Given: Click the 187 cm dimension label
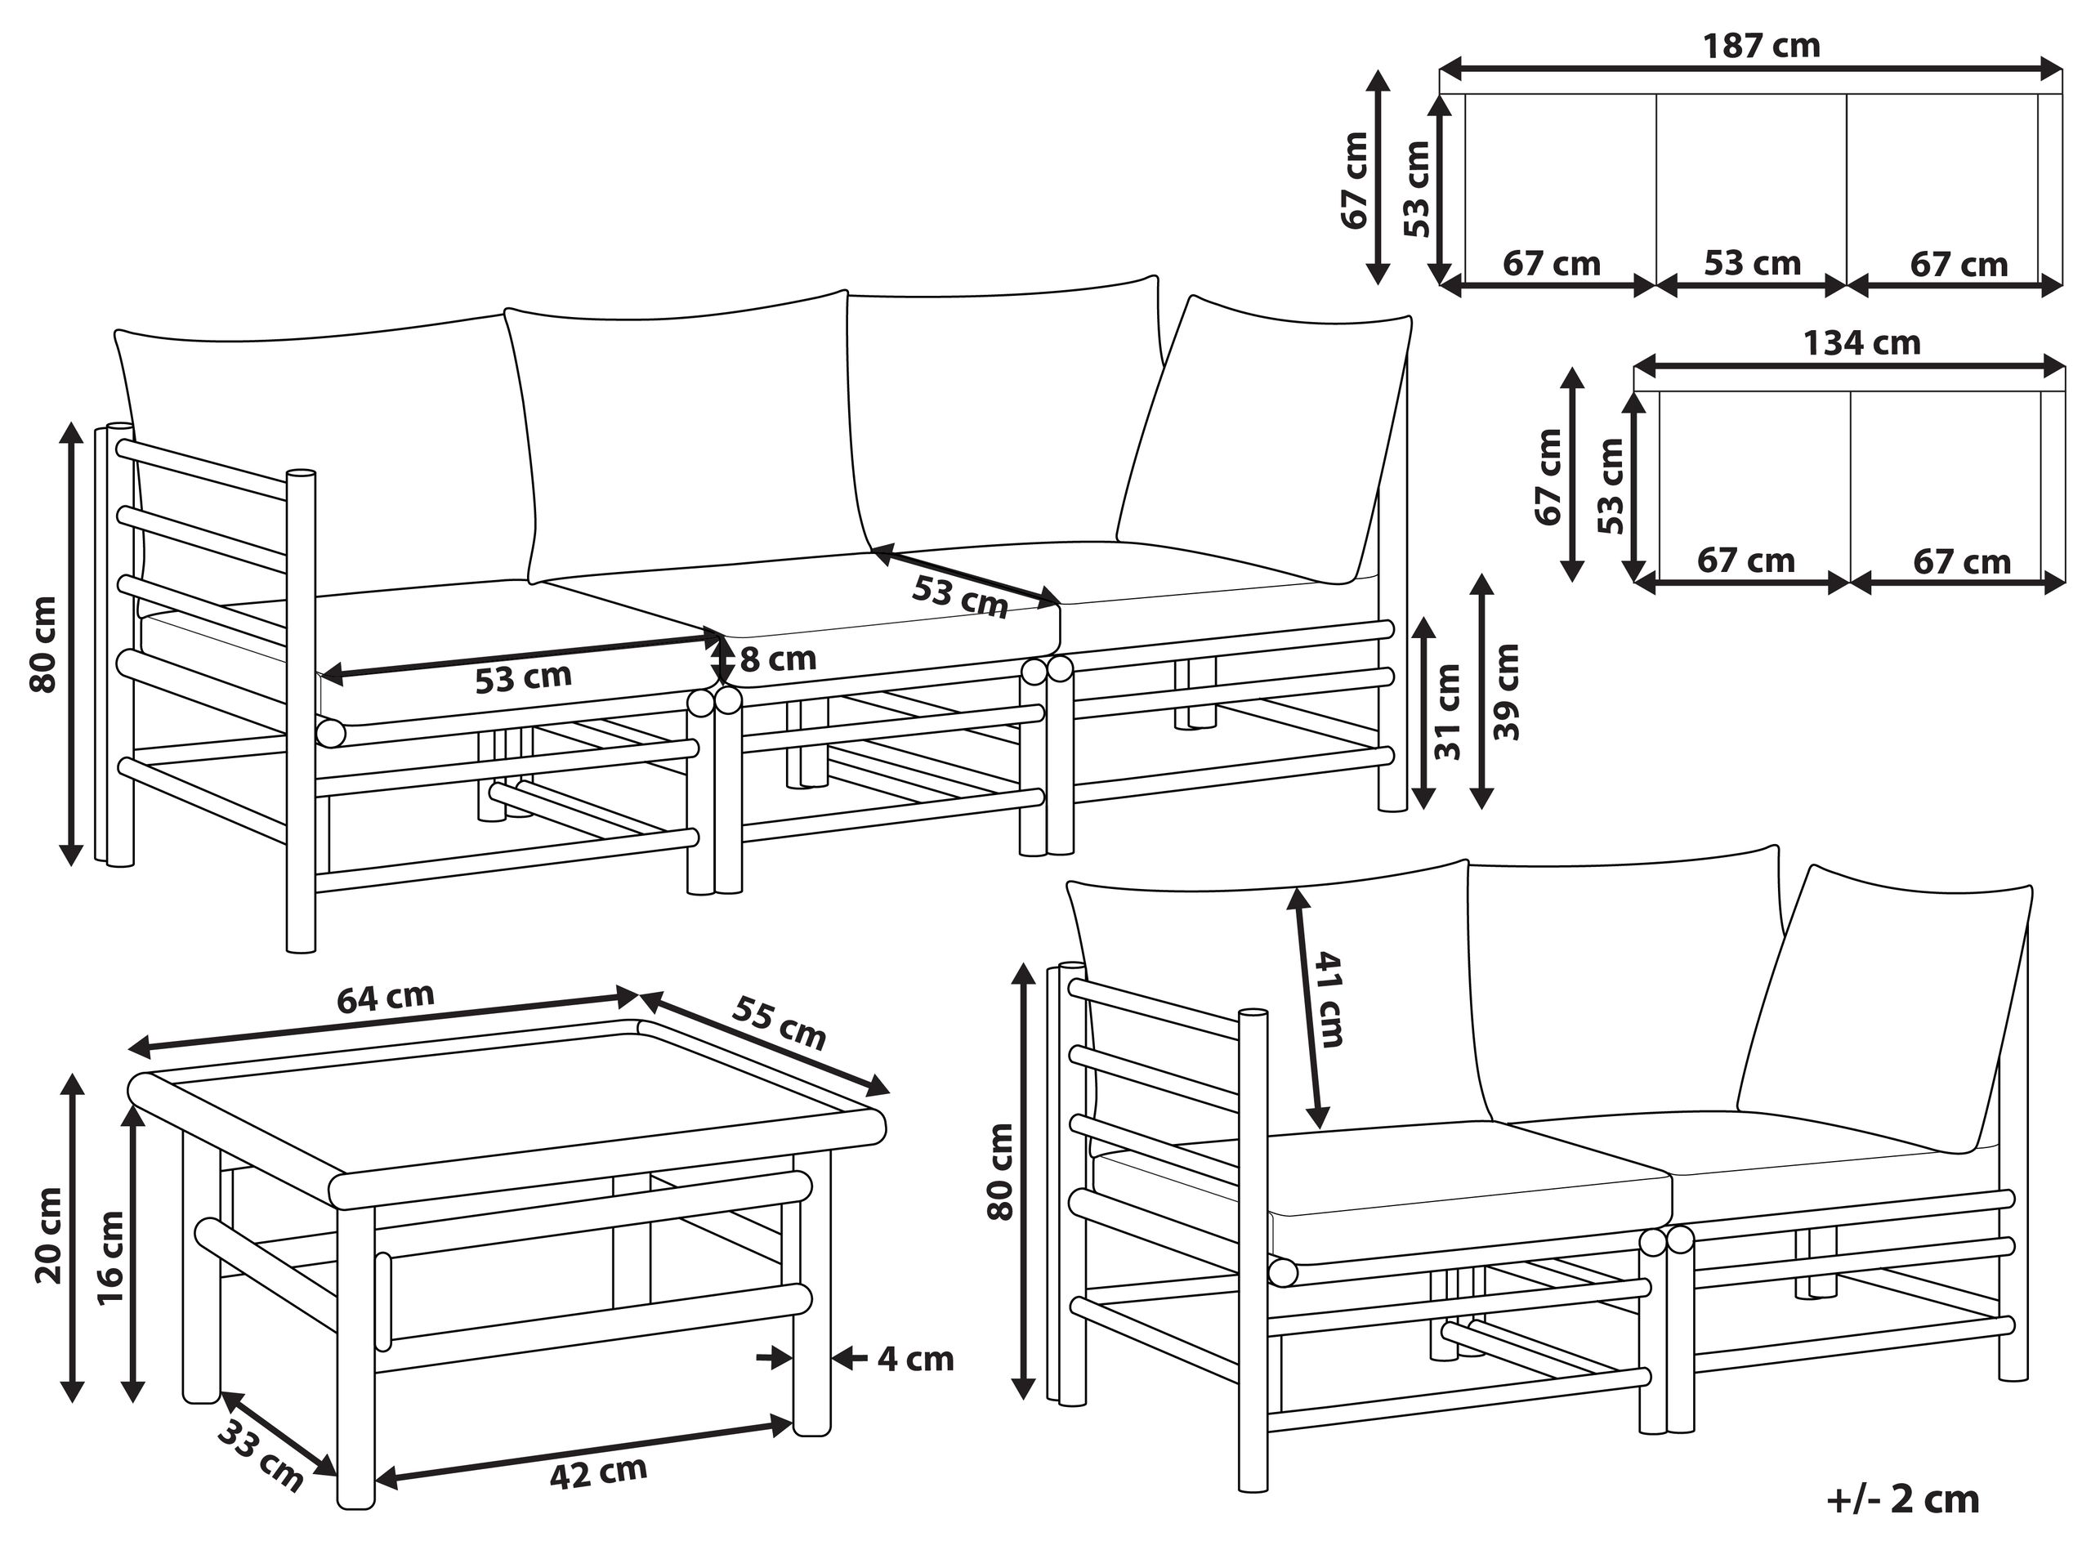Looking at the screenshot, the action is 1761,46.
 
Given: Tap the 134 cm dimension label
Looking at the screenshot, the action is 1861,342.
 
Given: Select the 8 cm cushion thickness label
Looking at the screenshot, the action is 778,659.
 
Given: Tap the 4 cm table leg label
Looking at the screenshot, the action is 915,1359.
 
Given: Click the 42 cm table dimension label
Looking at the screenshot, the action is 598,1472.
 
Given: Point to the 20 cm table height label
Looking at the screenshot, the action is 47,1235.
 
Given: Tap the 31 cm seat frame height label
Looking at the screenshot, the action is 1447,712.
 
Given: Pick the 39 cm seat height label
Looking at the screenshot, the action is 1508,692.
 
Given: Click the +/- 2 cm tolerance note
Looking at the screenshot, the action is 1903,1499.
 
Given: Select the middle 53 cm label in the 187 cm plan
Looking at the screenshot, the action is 1753,263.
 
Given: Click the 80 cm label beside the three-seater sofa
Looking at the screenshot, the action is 43,644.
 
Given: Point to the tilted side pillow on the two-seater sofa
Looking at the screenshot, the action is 1886,1008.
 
